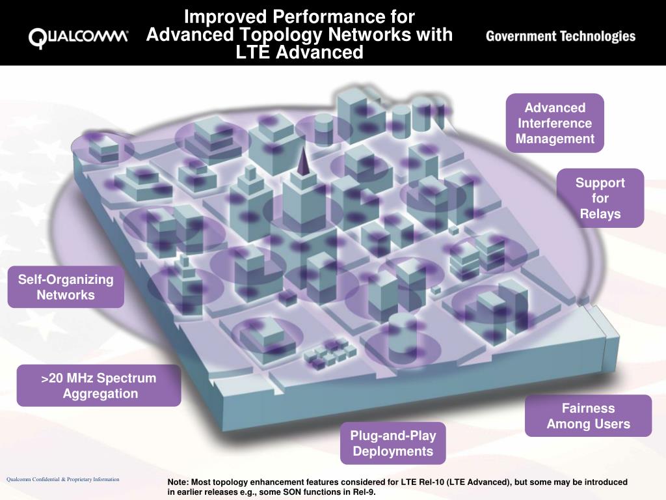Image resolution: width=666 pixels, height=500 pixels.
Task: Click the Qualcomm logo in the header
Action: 78,37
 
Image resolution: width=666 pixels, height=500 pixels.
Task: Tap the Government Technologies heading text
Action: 560,36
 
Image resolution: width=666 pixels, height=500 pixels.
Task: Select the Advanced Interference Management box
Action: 555,123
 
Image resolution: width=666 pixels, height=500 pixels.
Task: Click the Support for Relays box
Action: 600,198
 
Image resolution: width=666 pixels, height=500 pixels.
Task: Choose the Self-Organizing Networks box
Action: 66,287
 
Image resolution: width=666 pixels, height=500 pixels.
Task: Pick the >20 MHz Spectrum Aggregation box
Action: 100,385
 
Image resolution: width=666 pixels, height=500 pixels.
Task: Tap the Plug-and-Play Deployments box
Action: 393,443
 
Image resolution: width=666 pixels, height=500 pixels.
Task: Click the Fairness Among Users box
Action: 588,416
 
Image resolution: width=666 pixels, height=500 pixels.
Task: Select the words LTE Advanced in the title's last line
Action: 300,53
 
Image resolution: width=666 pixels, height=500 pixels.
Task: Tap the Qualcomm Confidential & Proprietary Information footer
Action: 63,479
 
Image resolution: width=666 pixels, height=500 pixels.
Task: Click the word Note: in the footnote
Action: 178,482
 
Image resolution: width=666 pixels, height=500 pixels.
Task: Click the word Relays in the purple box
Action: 600,214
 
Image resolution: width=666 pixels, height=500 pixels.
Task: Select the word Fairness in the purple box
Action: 588,408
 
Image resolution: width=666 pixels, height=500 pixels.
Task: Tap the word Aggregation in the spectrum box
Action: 100,393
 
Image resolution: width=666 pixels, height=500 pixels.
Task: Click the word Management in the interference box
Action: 555,139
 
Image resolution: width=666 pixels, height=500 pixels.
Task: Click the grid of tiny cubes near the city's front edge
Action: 330,352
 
